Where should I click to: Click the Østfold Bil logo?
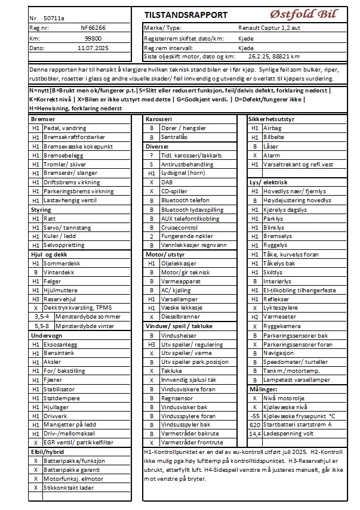coord(305,13)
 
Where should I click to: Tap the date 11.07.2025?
coord(93,47)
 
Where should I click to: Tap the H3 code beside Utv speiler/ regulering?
coord(152,344)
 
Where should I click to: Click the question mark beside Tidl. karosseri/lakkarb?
coord(152,155)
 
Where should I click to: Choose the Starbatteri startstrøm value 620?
coord(255,425)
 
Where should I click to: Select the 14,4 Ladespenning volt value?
coord(255,434)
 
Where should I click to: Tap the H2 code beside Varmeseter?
coord(255,317)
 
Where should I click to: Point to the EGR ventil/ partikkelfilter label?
coord(77,443)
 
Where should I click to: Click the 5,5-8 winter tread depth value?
coord(42,326)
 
